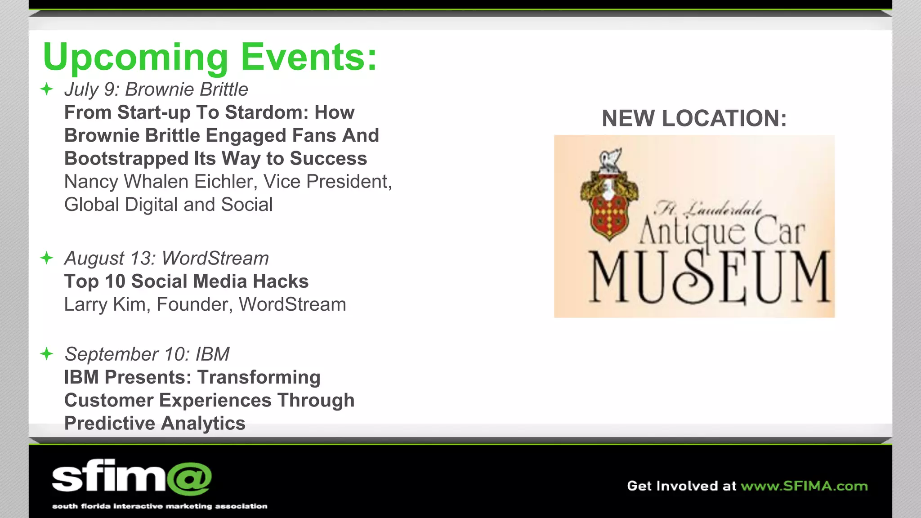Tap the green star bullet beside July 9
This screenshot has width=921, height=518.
[47, 89]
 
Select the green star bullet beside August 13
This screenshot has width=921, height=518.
[47, 258]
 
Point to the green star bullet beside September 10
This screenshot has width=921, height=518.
[47, 354]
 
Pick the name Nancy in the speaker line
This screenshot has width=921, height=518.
[91, 182]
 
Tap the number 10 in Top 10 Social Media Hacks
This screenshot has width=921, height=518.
[115, 281]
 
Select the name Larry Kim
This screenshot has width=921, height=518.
[105, 304]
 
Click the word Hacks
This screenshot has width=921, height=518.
[281, 281]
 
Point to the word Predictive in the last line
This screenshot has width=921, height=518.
[109, 424]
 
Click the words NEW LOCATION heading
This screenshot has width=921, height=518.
[694, 119]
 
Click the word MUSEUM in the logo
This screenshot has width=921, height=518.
[709, 277]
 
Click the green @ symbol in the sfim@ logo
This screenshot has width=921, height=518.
[189, 478]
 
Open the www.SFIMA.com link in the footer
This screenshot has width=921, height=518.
[804, 486]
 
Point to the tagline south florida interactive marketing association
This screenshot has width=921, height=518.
[160, 506]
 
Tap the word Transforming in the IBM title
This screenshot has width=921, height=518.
[259, 377]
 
